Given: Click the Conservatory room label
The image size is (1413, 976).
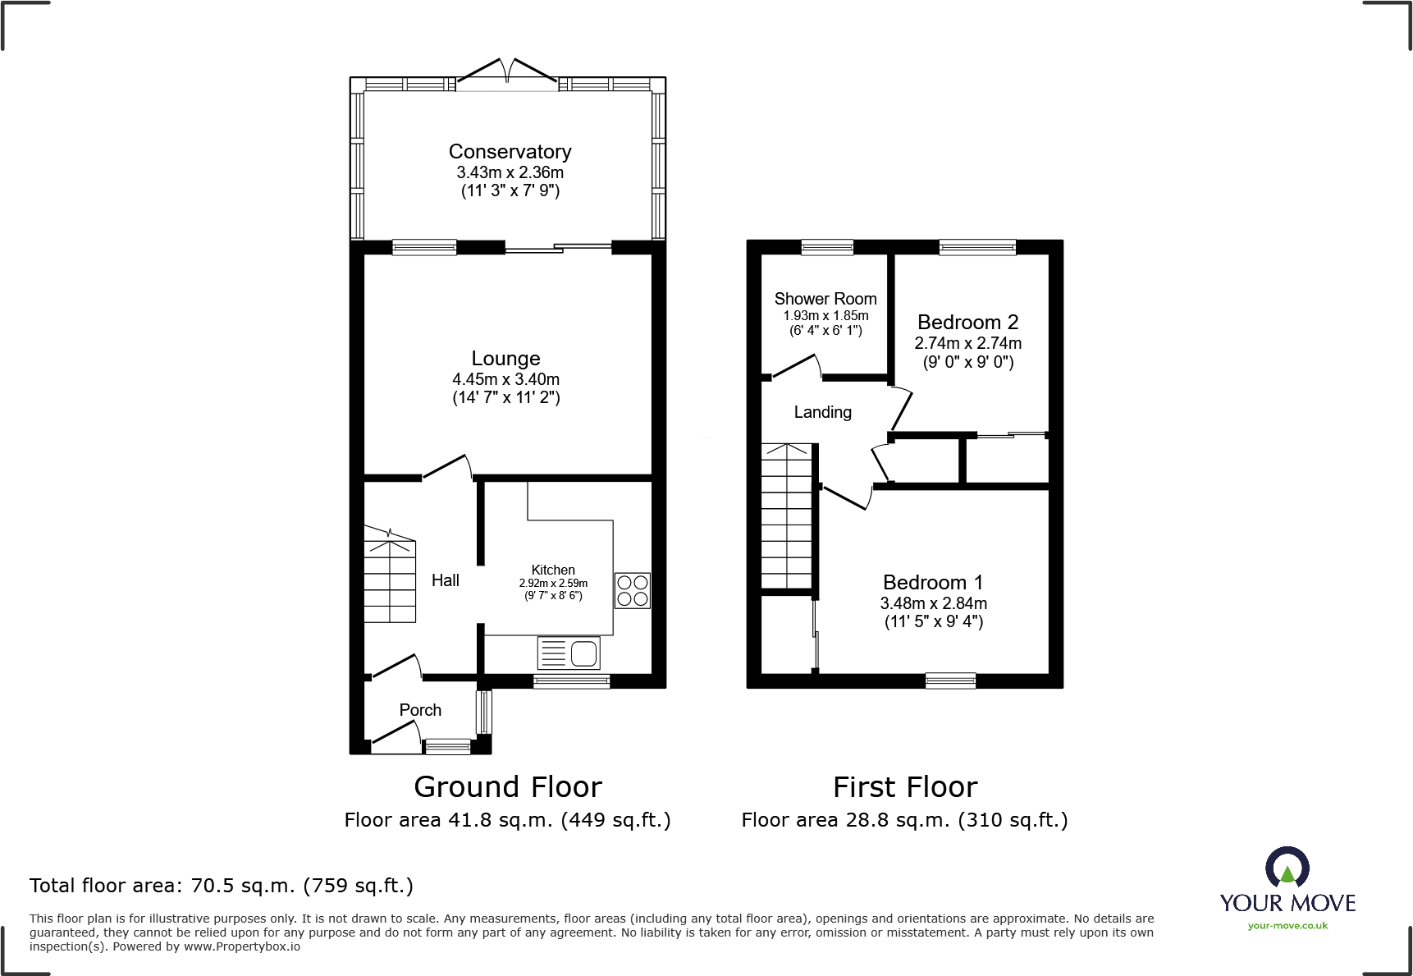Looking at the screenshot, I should (510, 152).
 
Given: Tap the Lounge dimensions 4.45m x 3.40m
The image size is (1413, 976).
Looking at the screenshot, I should (505, 379).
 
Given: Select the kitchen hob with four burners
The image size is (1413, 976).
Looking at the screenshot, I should (632, 590).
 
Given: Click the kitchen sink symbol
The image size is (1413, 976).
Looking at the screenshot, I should (569, 653).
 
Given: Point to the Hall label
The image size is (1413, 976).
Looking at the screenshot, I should (445, 580).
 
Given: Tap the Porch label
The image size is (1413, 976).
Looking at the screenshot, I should (420, 710).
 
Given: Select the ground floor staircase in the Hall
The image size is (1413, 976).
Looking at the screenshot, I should (390, 575).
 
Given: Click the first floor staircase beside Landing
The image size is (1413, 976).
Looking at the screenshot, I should (787, 517).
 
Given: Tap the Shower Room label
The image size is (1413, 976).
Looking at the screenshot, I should (825, 299).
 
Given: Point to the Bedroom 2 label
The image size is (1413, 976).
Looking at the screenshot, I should (967, 322).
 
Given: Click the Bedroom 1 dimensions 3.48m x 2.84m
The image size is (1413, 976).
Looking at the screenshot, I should (933, 603).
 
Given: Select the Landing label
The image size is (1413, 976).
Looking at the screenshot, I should (822, 412).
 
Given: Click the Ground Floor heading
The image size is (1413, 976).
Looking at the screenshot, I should (508, 786).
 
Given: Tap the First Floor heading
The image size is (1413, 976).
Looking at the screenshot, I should (905, 786).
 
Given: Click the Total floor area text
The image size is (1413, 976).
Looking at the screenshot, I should (222, 886).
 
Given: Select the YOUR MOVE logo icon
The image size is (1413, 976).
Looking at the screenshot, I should (1287, 868).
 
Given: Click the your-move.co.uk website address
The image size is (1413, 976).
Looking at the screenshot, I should (1287, 926).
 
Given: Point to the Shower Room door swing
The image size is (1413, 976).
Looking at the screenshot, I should (797, 366).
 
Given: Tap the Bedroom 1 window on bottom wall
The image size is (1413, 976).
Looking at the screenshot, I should (950, 680).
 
